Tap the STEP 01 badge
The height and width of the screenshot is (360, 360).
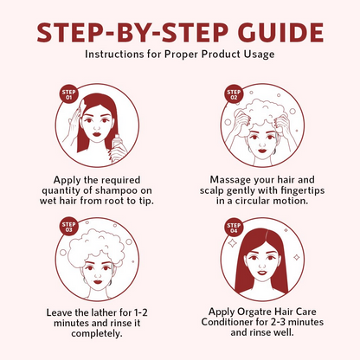[x=68, y=94]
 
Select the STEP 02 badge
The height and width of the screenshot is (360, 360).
[x=234, y=94]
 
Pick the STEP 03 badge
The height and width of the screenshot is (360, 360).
[x=68, y=227]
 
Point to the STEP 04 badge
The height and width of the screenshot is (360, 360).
[x=234, y=228]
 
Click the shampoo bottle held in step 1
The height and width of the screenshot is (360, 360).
[x=119, y=145]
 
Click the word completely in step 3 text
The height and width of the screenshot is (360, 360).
[x=97, y=334]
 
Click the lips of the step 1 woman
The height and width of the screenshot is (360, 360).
[x=97, y=134]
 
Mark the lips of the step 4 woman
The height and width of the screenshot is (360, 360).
[x=262, y=272]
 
